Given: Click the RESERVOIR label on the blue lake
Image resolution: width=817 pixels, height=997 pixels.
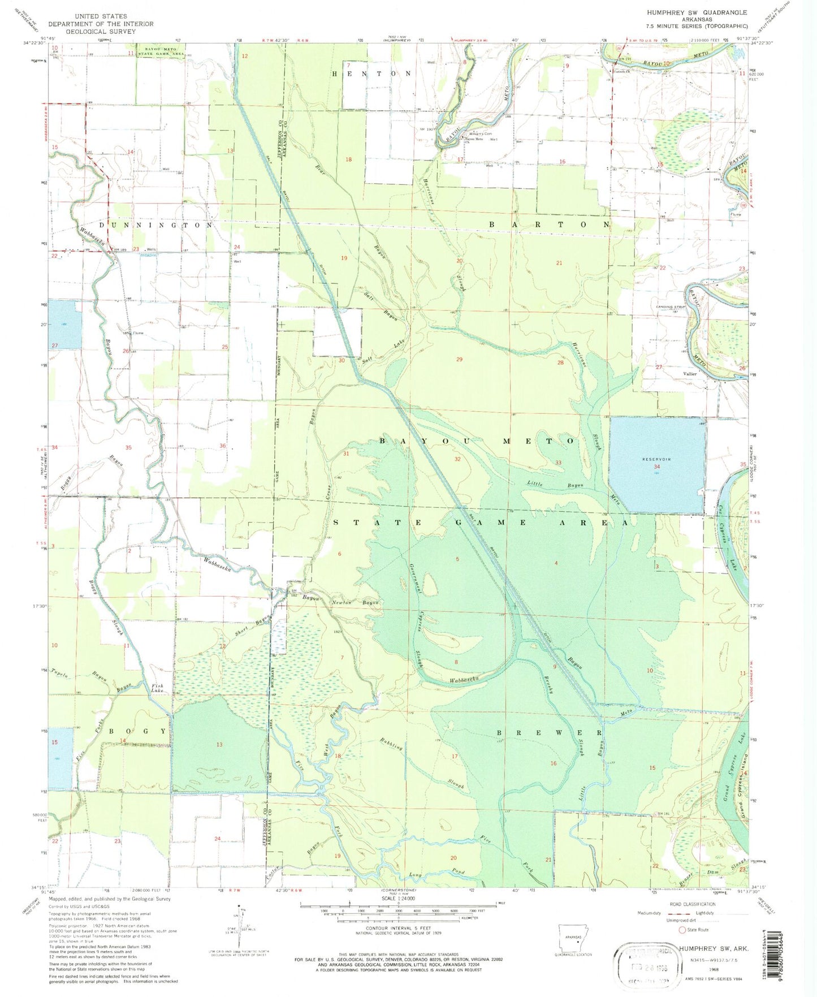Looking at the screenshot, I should [656, 459].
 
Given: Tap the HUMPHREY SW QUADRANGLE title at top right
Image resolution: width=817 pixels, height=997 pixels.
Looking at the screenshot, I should [697, 12].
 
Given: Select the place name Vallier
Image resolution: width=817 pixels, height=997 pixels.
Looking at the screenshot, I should [690, 374].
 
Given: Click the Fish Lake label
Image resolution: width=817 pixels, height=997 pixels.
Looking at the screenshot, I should [158, 689].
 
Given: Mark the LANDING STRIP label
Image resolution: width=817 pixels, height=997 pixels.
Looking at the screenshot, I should [670, 307].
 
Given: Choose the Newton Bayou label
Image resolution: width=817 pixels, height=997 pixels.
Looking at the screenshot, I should [355, 603].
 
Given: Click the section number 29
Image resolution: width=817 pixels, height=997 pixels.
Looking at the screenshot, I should [459, 359].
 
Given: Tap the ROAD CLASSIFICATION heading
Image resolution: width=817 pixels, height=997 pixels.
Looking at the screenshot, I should [699, 905].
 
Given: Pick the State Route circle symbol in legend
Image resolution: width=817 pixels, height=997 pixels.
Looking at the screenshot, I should [682, 930].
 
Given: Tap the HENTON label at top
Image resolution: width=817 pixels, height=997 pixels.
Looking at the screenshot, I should [371, 74].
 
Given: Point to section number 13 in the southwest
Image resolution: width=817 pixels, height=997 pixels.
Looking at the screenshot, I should [219, 745].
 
